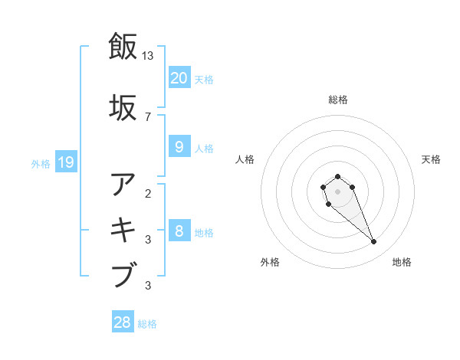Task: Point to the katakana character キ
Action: [124, 230]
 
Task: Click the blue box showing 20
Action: [179, 78]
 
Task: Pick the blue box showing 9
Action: [179, 147]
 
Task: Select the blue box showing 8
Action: [179, 232]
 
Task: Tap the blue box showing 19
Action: [65, 162]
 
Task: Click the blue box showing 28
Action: [123, 322]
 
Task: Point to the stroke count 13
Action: [148, 55]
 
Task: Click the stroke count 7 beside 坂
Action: [148, 116]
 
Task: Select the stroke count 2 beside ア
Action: [148, 193]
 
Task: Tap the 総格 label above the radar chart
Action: [337, 100]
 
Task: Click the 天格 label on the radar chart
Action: [431, 159]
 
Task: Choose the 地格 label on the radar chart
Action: [402, 263]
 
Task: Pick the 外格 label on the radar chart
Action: [270, 263]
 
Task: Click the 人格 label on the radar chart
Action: [245, 159]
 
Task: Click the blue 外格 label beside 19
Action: [40, 163]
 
